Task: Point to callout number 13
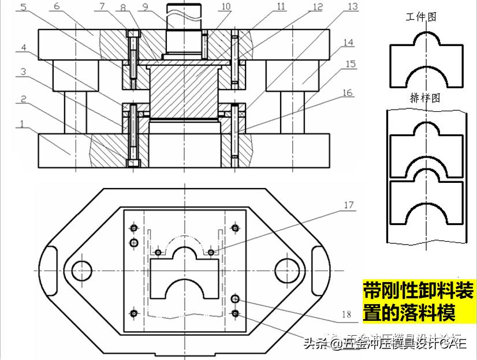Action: click(x=369, y=7)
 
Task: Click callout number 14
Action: click(x=364, y=43)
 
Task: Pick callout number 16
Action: click(x=363, y=92)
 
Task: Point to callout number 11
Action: click(x=281, y=7)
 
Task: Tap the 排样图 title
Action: click(x=424, y=99)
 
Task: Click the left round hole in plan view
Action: click(x=82, y=269)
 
